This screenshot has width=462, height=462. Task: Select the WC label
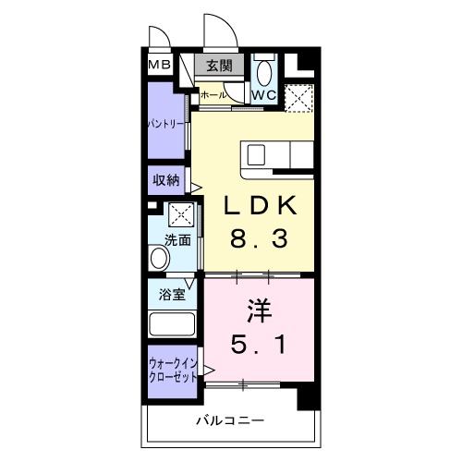point(264,95)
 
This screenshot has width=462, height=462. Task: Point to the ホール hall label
point(213,95)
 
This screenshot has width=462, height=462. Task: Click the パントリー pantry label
point(165,123)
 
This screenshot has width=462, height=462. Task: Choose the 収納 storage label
point(167,180)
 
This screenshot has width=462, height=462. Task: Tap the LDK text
point(260,205)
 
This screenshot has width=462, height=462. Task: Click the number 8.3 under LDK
point(260,239)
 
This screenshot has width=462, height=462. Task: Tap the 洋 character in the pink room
point(259,308)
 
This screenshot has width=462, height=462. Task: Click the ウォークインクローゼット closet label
point(172,371)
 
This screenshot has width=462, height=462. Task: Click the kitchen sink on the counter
point(256,152)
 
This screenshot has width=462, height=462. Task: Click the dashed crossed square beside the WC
point(299,97)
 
